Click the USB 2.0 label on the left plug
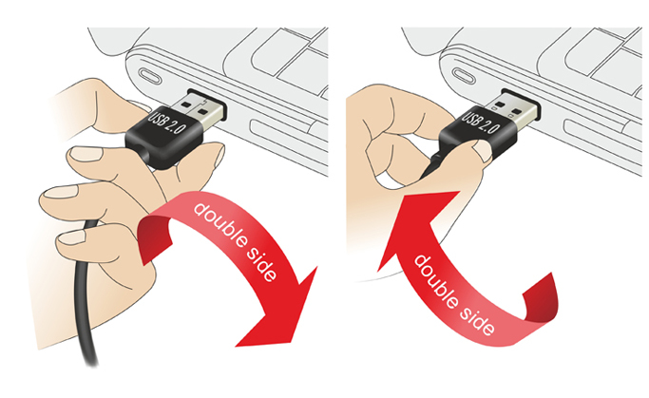tap(166, 123)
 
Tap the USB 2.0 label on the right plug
tap(480, 122)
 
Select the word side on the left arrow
tap(261, 265)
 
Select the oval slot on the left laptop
tap(147, 77)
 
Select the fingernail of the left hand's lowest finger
tap(71, 237)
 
